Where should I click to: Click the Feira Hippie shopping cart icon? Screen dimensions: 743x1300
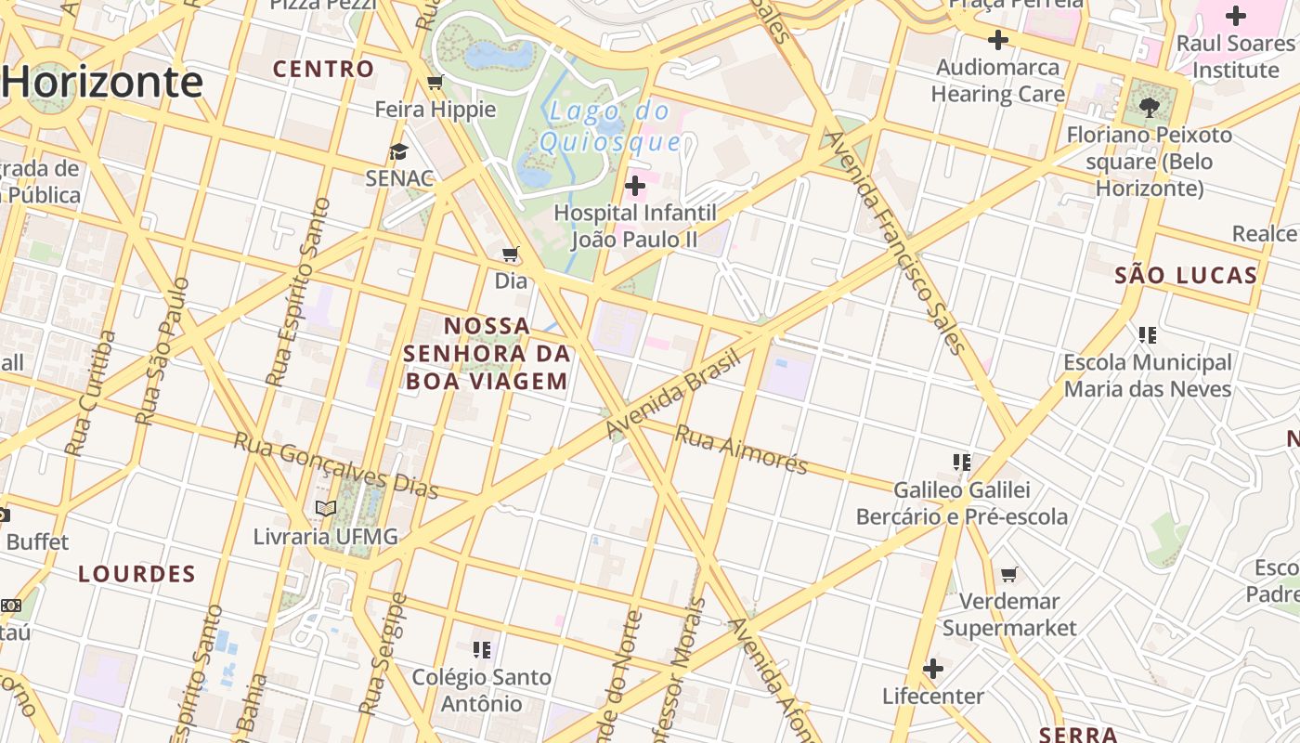(435, 84)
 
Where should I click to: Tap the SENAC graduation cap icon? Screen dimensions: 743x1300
(398, 152)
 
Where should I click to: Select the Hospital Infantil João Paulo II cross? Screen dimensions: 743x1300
(635, 186)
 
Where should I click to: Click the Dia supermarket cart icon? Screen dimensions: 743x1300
(511, 254)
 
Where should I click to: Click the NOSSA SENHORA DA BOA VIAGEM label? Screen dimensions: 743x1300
(487, 354)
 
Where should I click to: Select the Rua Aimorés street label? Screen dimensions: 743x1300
(741, 450)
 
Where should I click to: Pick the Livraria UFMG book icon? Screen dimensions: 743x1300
(325, 509)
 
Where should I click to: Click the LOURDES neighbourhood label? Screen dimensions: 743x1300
(137, 574)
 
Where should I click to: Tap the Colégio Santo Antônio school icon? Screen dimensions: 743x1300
(482, 649)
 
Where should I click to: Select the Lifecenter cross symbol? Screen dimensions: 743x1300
(933, 669)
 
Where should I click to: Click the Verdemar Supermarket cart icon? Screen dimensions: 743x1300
(1009, 574)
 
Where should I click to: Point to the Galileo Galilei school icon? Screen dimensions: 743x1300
(962, 462)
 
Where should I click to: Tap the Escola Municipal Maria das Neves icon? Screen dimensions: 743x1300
(1148, 334)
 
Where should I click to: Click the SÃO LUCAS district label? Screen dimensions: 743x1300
(1186, 275)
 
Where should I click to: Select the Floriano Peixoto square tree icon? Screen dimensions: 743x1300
(1150, 107)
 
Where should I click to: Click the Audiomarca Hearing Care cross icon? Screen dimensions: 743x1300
(998, 40)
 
